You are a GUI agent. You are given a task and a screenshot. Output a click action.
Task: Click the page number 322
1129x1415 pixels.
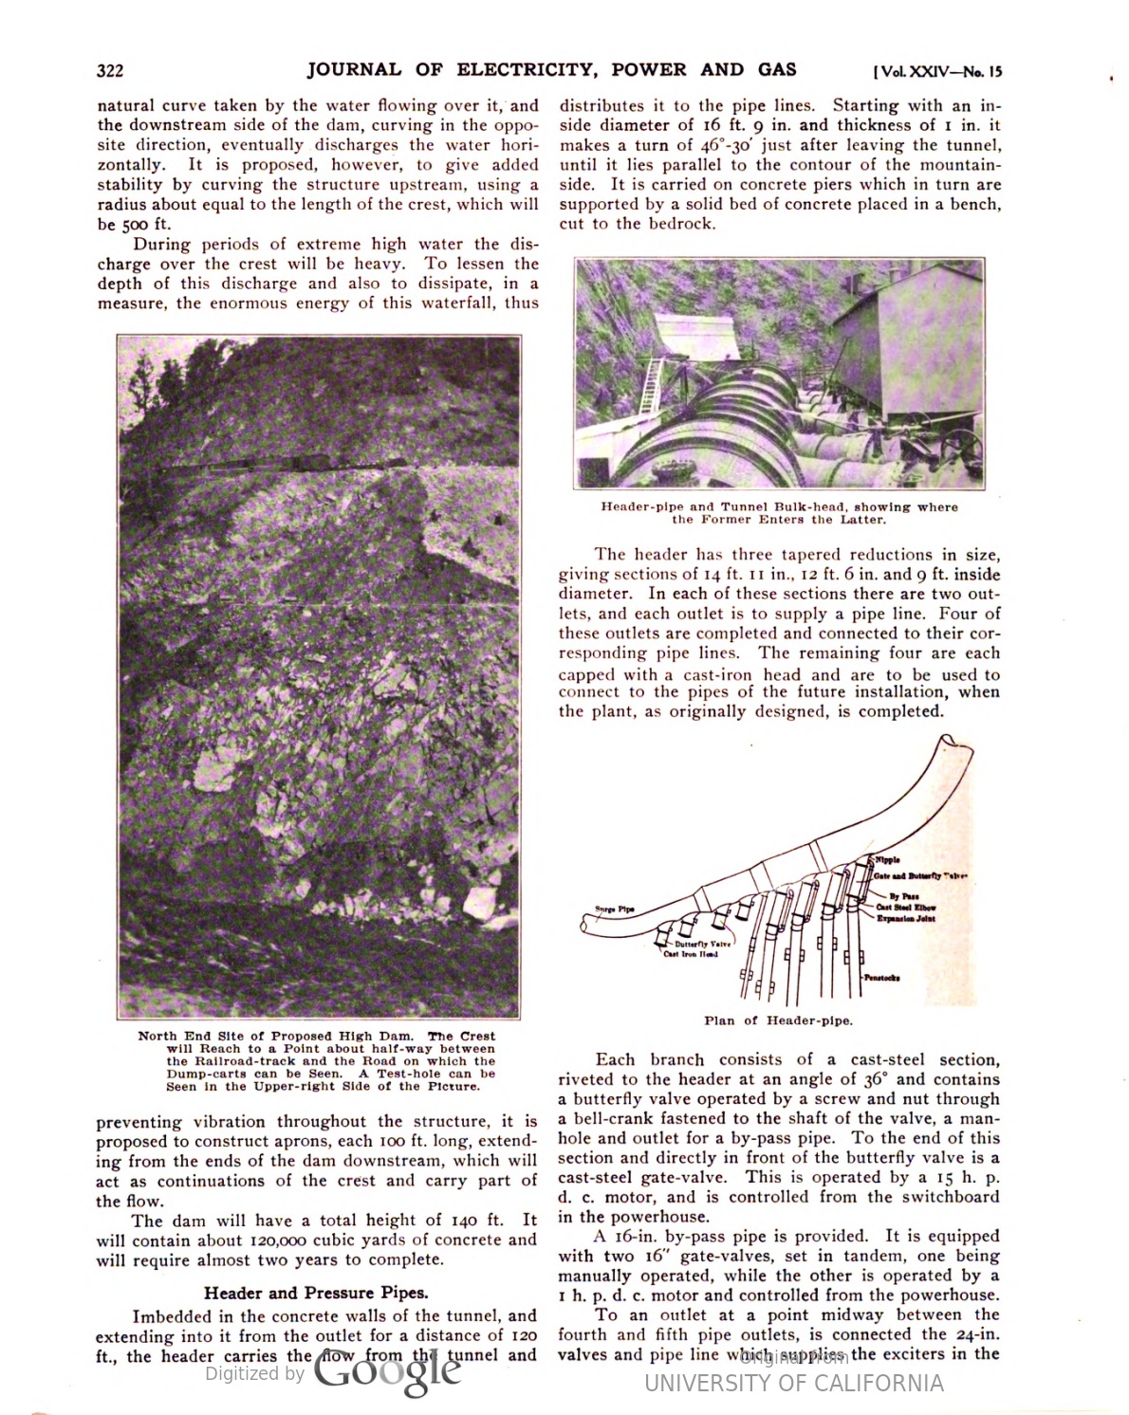click(110, 71)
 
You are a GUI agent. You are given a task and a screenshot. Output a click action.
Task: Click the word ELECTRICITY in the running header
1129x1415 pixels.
click(525, 69)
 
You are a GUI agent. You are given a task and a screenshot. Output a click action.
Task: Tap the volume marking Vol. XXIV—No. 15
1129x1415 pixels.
click(936, 71)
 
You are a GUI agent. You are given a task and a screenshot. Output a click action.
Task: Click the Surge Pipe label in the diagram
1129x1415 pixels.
click(615, 910)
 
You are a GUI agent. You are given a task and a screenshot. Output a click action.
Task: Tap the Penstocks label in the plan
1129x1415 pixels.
click(881, 977)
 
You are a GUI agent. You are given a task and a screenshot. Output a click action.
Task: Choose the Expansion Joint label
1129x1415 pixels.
click(906, 918)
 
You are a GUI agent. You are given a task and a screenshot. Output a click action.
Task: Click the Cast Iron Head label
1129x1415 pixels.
click(690, 954)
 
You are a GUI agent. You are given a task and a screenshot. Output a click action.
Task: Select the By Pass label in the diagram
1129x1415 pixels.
click(903, 896)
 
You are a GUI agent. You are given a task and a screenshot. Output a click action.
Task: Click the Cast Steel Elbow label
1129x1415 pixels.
click(906, 908)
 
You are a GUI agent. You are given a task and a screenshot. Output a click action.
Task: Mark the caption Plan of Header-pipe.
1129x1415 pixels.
click(778, 1020)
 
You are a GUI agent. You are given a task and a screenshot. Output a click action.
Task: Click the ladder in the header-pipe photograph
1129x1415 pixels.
click(653, 387)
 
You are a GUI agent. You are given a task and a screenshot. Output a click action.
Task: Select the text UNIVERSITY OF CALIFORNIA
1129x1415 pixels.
click(794, 1383)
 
